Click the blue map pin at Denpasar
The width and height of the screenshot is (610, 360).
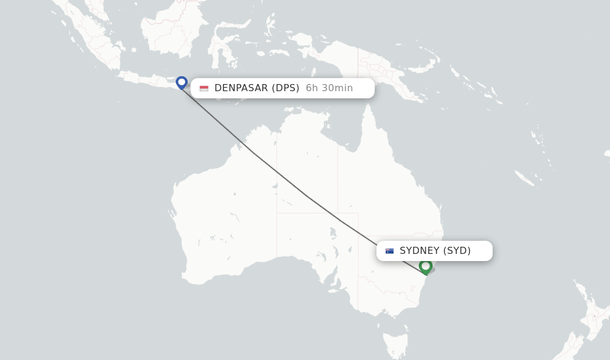[182, 82]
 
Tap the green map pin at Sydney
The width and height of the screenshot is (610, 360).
[425, 266]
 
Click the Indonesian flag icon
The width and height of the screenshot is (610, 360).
[204, 88]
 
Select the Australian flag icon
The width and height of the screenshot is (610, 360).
[390, 251]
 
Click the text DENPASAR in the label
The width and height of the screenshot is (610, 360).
[241, 88]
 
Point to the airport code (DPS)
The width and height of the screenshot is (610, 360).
[285, 88]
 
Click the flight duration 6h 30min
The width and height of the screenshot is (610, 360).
[329, 88]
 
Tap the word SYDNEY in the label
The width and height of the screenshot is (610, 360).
[419, 251]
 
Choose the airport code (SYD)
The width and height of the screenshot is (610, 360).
[457, 251]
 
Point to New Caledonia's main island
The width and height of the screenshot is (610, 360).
[524, 177]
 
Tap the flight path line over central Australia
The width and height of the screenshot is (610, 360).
[307, 195]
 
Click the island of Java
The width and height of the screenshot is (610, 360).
[149, 79]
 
